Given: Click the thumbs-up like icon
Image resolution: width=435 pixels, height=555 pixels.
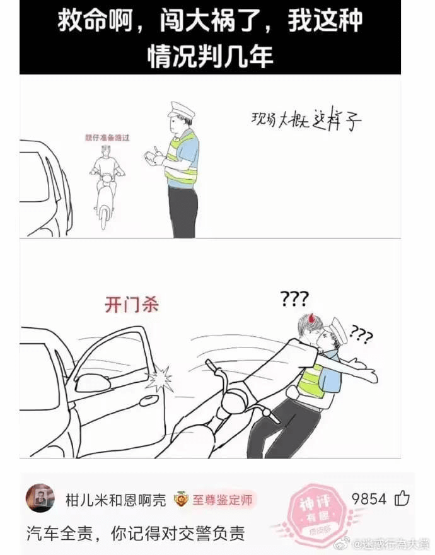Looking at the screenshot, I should [x=402, y=499].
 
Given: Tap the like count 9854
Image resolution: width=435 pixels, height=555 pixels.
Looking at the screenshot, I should [x=369, y=500].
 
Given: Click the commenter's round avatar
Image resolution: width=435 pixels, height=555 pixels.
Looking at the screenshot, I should [x=40, y=498].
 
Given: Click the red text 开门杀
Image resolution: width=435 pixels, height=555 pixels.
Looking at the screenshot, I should [x=131, y=305].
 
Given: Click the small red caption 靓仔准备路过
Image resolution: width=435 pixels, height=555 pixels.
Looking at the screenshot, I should [x=107, y=137].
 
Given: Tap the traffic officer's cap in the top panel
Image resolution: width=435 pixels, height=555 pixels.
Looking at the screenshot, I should [x=181, y=111].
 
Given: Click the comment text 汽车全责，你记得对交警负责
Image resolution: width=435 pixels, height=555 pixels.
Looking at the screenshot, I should [x=136, y=534].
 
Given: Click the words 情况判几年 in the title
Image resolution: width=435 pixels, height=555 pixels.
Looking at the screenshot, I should [x=210, y=56].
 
